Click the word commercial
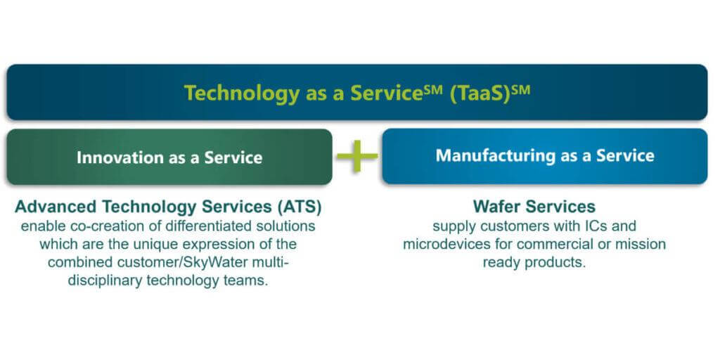(x=553, y=244)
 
